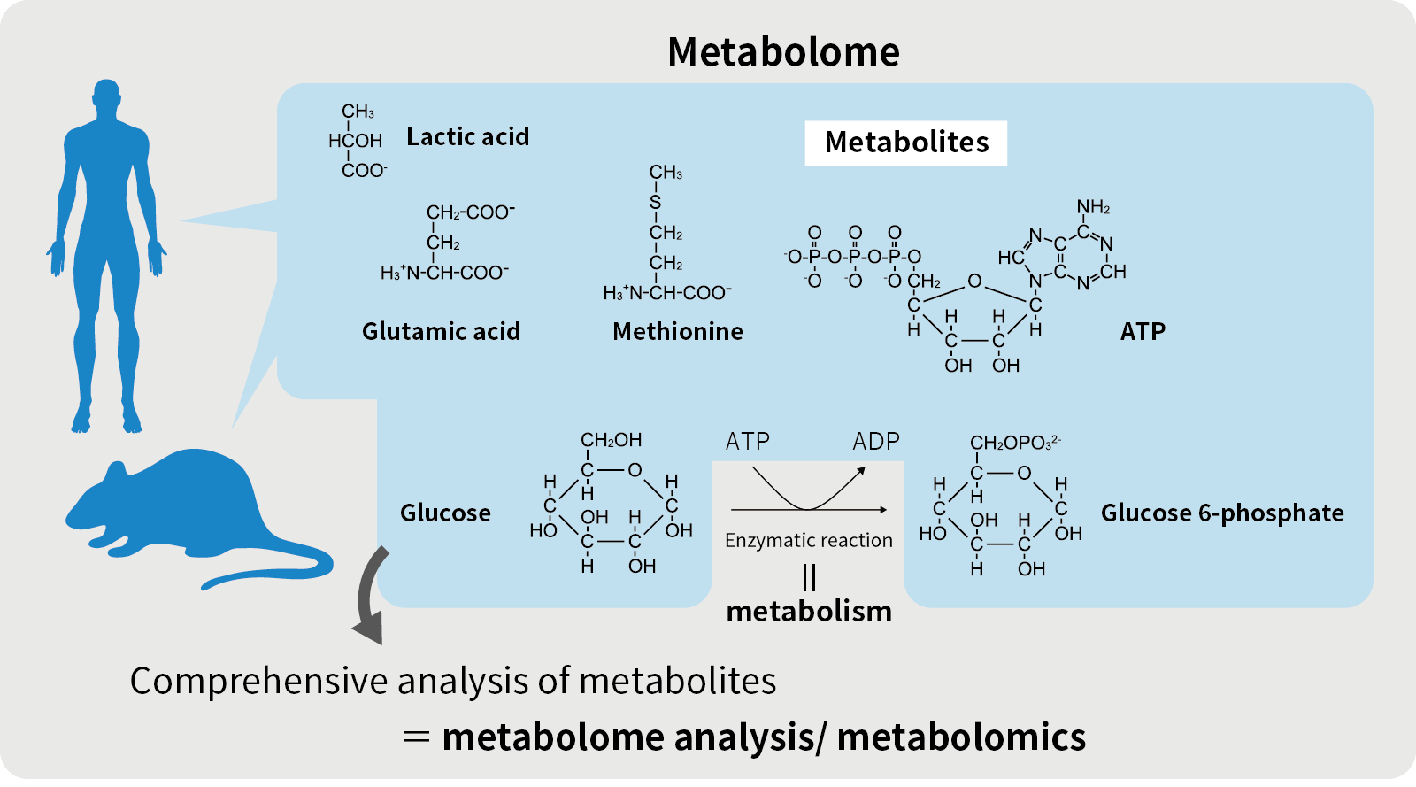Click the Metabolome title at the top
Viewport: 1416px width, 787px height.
783,51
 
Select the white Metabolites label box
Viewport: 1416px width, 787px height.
905,143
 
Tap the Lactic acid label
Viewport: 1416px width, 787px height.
467,136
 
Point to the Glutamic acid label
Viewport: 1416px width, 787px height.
441,331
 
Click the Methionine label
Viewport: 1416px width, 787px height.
677,331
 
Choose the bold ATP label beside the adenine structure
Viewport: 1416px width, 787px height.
1143,331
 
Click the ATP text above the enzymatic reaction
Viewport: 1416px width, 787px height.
748,441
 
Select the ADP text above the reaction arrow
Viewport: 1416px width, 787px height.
875,441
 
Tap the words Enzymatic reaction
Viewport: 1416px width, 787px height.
808,540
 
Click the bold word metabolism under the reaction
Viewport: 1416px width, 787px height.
809,611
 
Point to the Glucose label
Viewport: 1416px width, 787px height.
445,513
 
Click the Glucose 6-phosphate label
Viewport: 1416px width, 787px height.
1221,513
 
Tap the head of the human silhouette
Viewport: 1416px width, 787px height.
106,97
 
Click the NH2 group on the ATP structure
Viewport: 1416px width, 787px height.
1093,207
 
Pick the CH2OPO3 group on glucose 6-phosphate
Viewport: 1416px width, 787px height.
1014,442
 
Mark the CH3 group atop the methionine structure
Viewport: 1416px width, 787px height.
666,172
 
